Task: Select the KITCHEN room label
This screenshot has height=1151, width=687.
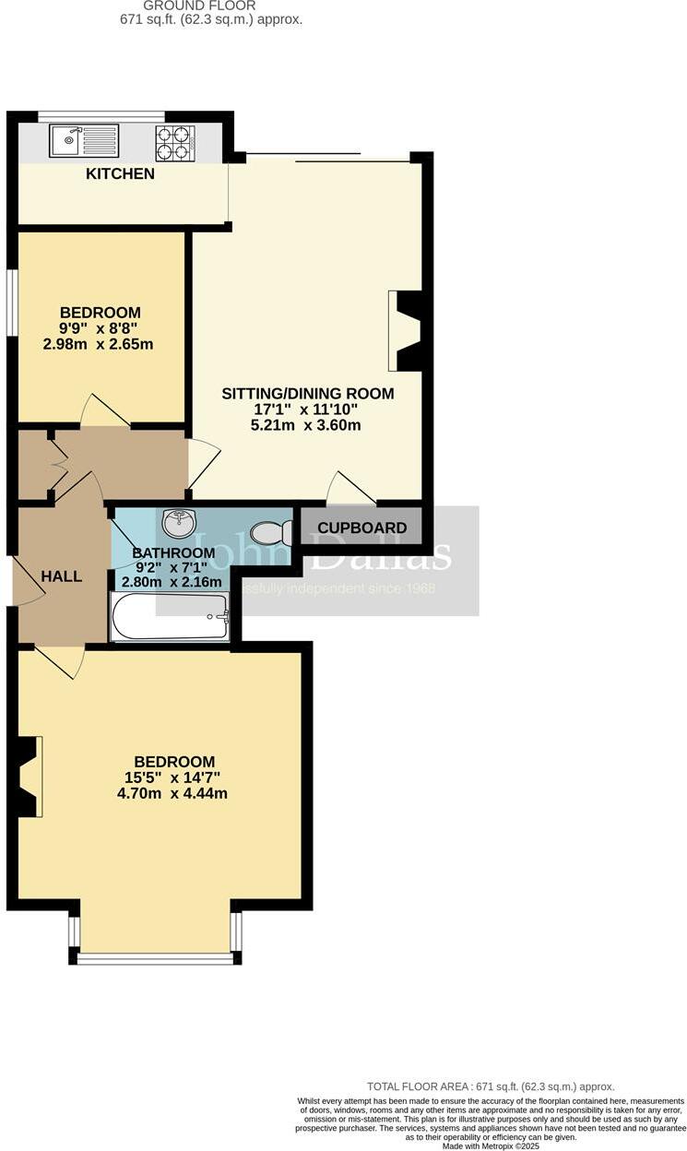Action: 120,173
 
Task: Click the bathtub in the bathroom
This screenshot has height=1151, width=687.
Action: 169,616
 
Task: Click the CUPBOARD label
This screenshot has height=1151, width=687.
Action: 361,528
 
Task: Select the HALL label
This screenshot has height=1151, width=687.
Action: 61,576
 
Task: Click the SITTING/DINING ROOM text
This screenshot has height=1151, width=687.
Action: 307,393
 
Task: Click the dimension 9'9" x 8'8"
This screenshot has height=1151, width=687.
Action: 100,328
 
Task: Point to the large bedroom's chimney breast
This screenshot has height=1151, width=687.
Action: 28,777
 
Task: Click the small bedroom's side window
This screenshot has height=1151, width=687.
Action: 11,302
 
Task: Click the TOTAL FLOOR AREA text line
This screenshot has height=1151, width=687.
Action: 491,1086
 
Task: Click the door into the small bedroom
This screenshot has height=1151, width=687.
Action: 104,413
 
